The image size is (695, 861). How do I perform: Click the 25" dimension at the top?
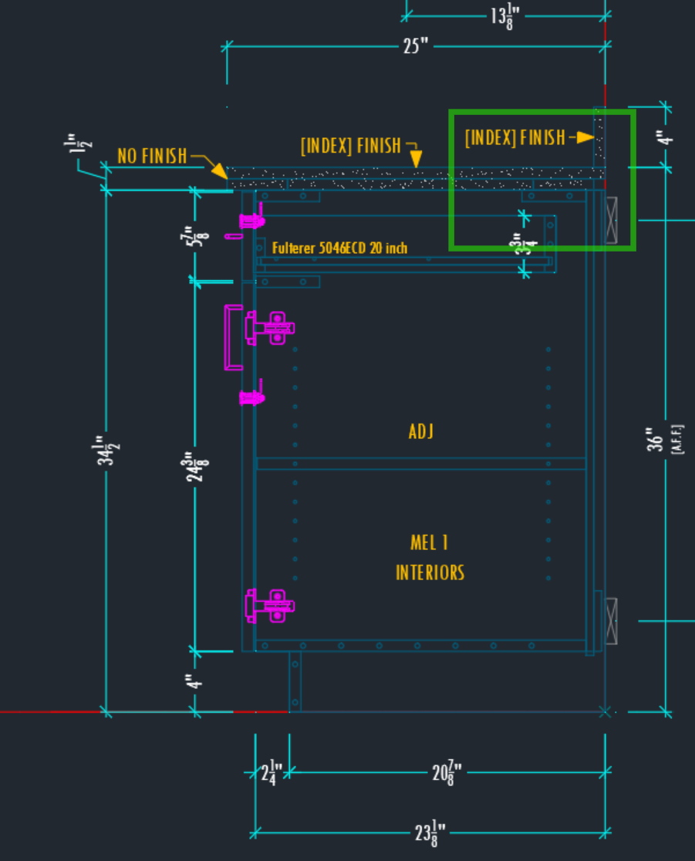click(x=415, y=46)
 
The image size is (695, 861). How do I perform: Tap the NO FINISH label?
click(x=152, y=157)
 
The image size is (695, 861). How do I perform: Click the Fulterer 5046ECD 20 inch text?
click(x=339, y=248)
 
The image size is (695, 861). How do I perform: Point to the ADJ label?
click(x=421, y=430)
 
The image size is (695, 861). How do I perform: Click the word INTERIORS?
click(x=430, y=572)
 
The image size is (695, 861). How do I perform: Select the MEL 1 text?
click(x=429, y=543)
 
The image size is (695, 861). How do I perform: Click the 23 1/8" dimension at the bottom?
click(x=430, y=832)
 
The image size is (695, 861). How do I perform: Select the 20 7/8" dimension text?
click(x=447, y=772)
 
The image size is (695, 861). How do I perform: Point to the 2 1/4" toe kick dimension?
click(x=272, y=772)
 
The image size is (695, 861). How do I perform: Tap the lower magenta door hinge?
click(x=269, y=605)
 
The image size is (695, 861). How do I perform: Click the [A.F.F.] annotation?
click(x=678, y=439)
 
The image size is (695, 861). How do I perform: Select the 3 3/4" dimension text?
click(x=525, y=245)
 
